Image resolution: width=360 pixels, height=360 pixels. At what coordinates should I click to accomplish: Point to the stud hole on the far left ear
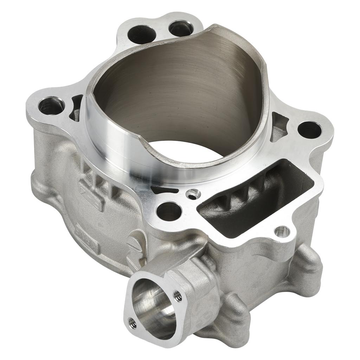point(51,106)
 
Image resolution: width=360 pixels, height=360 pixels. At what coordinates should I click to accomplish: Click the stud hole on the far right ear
point(309,130)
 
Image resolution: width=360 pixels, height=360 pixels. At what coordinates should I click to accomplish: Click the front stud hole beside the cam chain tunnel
point(168,211)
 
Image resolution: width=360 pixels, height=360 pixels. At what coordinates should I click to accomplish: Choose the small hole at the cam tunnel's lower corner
point(282,231)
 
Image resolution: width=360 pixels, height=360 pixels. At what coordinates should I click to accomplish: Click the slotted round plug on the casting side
point(133,243)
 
